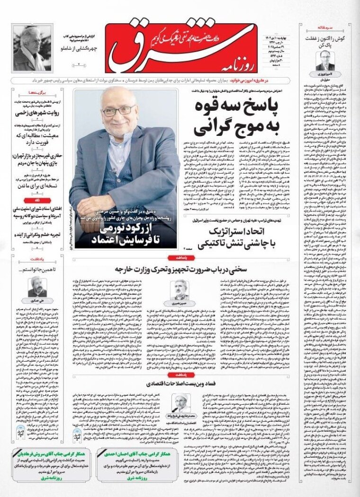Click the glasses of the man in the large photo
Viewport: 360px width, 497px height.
coord(118,111)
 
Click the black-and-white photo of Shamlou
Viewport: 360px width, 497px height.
coord(32,48)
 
